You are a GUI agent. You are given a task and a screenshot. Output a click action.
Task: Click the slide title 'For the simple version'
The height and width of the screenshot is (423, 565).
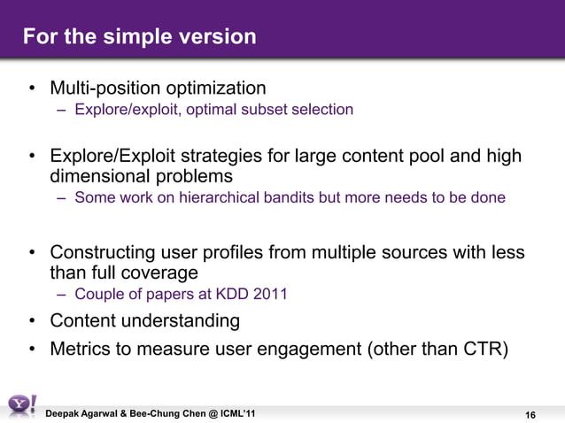point(139,37)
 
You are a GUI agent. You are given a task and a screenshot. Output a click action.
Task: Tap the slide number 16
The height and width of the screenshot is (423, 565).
point(531,415)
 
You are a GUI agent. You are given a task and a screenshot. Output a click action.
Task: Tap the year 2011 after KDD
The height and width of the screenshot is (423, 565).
point(268,294)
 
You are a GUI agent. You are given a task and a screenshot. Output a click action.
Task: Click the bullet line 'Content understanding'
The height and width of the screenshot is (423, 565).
point(144,319)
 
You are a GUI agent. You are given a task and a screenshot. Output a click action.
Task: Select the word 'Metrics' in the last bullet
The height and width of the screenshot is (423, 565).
point(80,348)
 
